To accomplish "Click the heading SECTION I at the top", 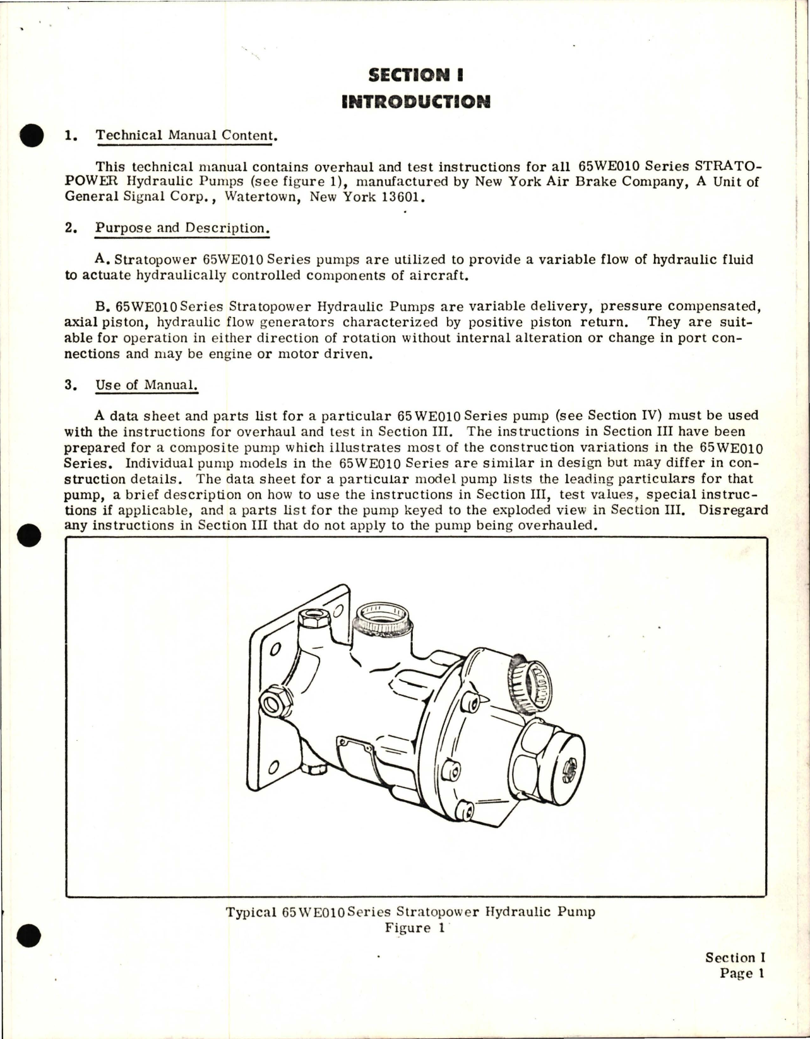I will point(415,75).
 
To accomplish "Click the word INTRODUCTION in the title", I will point(415,102).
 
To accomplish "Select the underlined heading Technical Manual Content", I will point(186,135).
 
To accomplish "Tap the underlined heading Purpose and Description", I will point(182,228).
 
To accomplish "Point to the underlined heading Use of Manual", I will point(146,385).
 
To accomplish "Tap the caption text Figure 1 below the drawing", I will point(415,928).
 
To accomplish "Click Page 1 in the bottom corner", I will point(742,973).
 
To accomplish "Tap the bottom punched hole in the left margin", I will point(30,935).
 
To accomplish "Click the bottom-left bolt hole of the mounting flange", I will point(273,766).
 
